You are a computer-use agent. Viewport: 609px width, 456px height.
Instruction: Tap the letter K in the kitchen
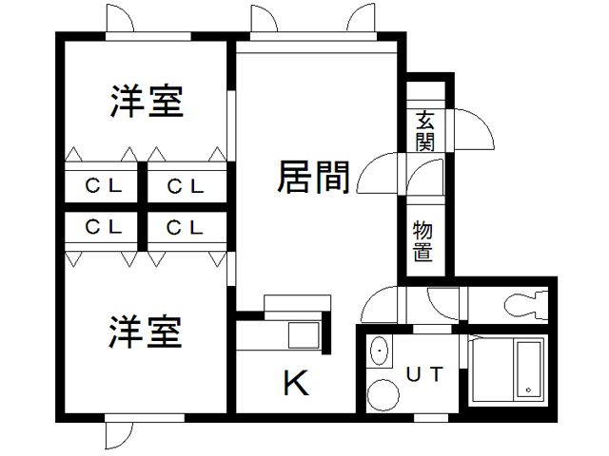pos(296,384)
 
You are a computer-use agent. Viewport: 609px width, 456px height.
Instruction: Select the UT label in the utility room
pos(424,373)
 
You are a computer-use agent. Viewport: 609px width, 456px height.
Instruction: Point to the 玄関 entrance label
pos(424,131)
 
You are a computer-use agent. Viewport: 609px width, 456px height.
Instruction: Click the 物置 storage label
pos(423,240)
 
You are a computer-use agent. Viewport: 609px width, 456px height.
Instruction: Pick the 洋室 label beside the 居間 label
pos(146,101)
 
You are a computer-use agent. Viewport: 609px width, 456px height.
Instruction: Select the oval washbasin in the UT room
pos(381,351)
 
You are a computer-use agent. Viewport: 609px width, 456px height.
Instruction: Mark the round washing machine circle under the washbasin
pos(383,394)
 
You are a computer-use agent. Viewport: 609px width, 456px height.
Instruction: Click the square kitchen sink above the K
pos(304,336)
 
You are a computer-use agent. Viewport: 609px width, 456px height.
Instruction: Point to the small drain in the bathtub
pos(526,390)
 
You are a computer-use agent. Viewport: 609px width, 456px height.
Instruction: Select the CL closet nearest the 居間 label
pos(187,186)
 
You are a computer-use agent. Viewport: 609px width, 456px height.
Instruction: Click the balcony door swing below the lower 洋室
pos(117,435)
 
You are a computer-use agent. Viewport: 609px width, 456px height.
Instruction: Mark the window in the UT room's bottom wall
pos(430,416)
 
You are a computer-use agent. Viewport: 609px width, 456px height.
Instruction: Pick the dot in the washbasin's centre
pos(381,351)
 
